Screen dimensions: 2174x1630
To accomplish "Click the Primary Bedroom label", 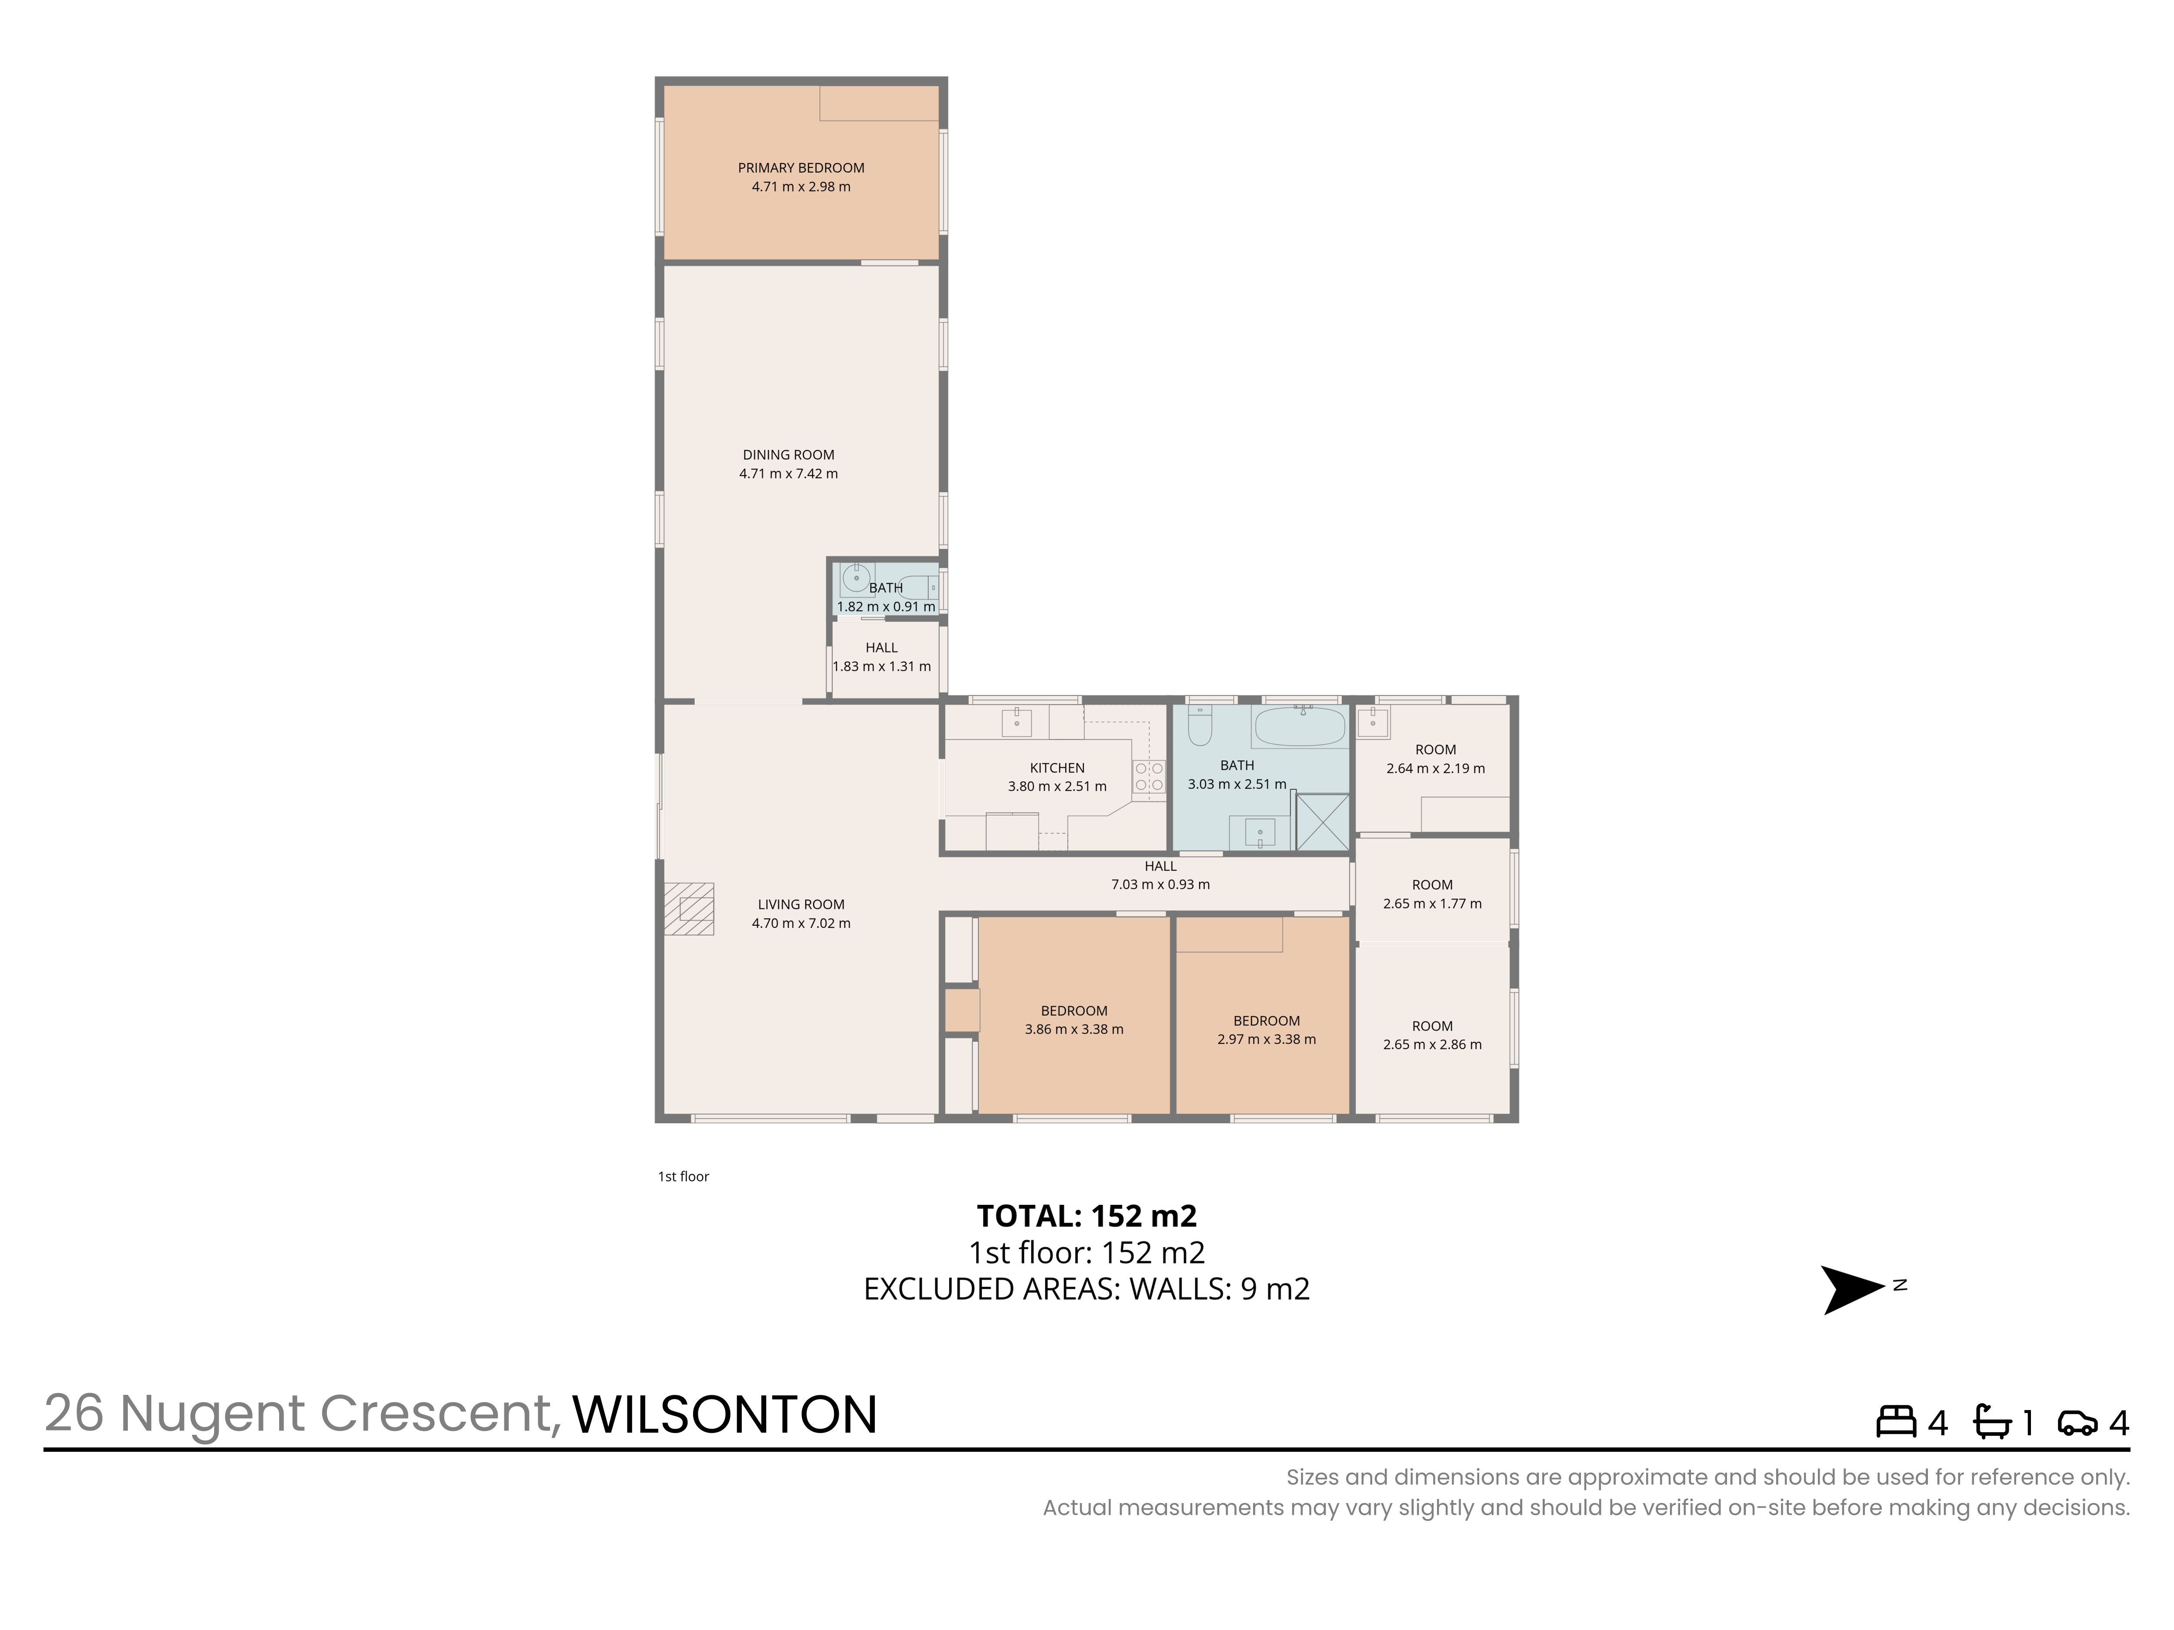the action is coord(801,168).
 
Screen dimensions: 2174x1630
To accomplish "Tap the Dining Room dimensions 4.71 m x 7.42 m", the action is coord(788,474).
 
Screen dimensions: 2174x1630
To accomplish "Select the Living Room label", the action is coord(801,905).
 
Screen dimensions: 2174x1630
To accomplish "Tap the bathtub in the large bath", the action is coord(1298,728).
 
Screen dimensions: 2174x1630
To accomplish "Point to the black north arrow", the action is coord(1853,1290).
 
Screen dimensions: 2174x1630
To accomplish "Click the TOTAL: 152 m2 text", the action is coord(1087,1216).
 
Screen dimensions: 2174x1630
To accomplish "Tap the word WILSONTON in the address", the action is coord(724,1415).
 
